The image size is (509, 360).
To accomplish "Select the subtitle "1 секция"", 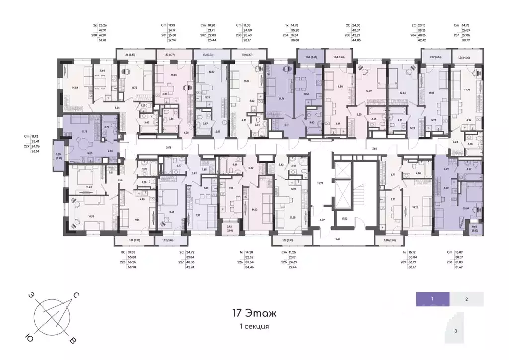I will coord(254,327).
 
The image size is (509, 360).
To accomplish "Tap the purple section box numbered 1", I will coord(433,299).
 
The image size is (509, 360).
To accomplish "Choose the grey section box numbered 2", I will coord(467,299).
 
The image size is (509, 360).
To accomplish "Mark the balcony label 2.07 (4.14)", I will coord(433,58).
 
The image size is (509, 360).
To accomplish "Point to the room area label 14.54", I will coord(76,88).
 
